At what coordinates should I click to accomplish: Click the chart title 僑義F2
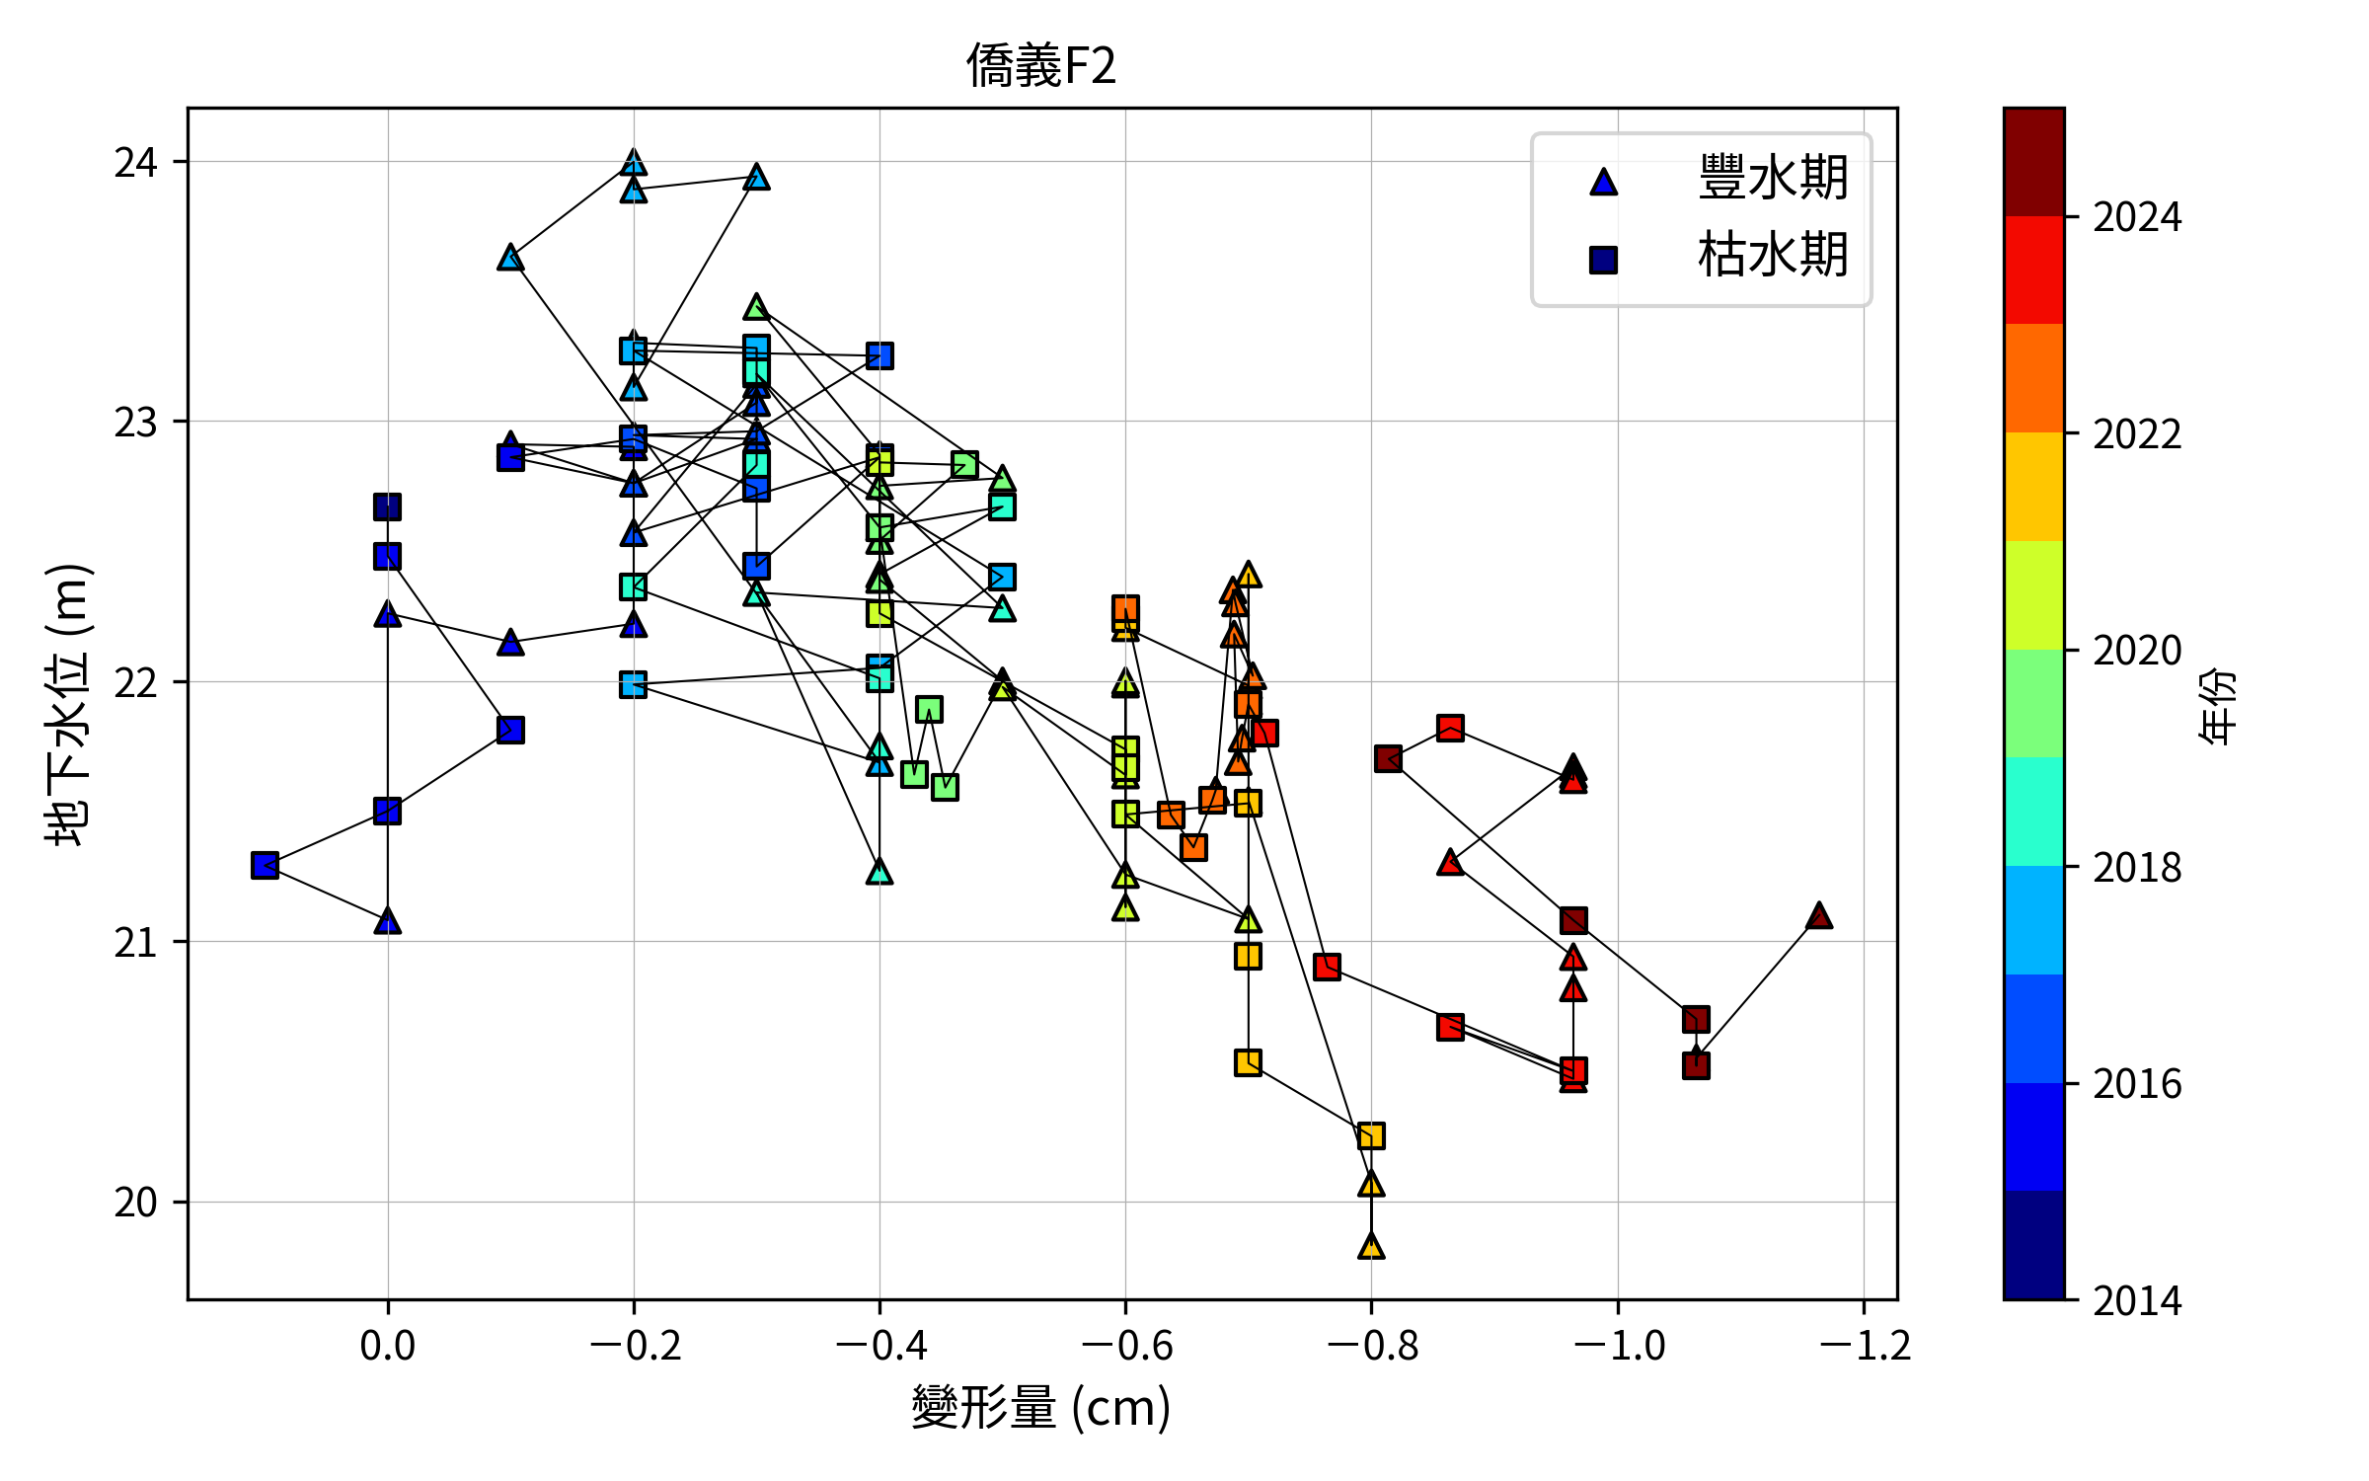click(1041, 66)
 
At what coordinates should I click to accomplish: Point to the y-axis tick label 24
click(135, 162)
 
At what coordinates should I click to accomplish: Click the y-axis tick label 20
click(135, 1203)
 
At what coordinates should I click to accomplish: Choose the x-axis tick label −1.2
click(1864, 1345)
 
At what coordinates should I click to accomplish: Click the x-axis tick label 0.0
click(387, 1345)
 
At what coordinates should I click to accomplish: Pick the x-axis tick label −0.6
click(1125, 1345)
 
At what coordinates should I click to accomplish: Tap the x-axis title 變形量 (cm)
click(1041, 1408)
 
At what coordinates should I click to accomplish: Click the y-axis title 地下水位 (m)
click(67, 704)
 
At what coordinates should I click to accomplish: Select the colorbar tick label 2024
click(2137, 217)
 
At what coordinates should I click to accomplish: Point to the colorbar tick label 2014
click(2137, 1300)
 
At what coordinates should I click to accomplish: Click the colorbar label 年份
click(2217, 704)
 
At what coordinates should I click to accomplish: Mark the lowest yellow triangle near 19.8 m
click(1371, 1247)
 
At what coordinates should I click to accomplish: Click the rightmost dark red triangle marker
click(1819, 916)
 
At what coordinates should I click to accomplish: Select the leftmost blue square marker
click(265, 866)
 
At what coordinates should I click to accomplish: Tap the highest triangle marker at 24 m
click(634, 163)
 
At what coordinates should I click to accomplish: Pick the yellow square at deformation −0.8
click(1371, 1135)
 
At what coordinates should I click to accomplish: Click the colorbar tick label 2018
click(2137, 867)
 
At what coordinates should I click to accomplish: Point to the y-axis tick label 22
click(135, 682)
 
